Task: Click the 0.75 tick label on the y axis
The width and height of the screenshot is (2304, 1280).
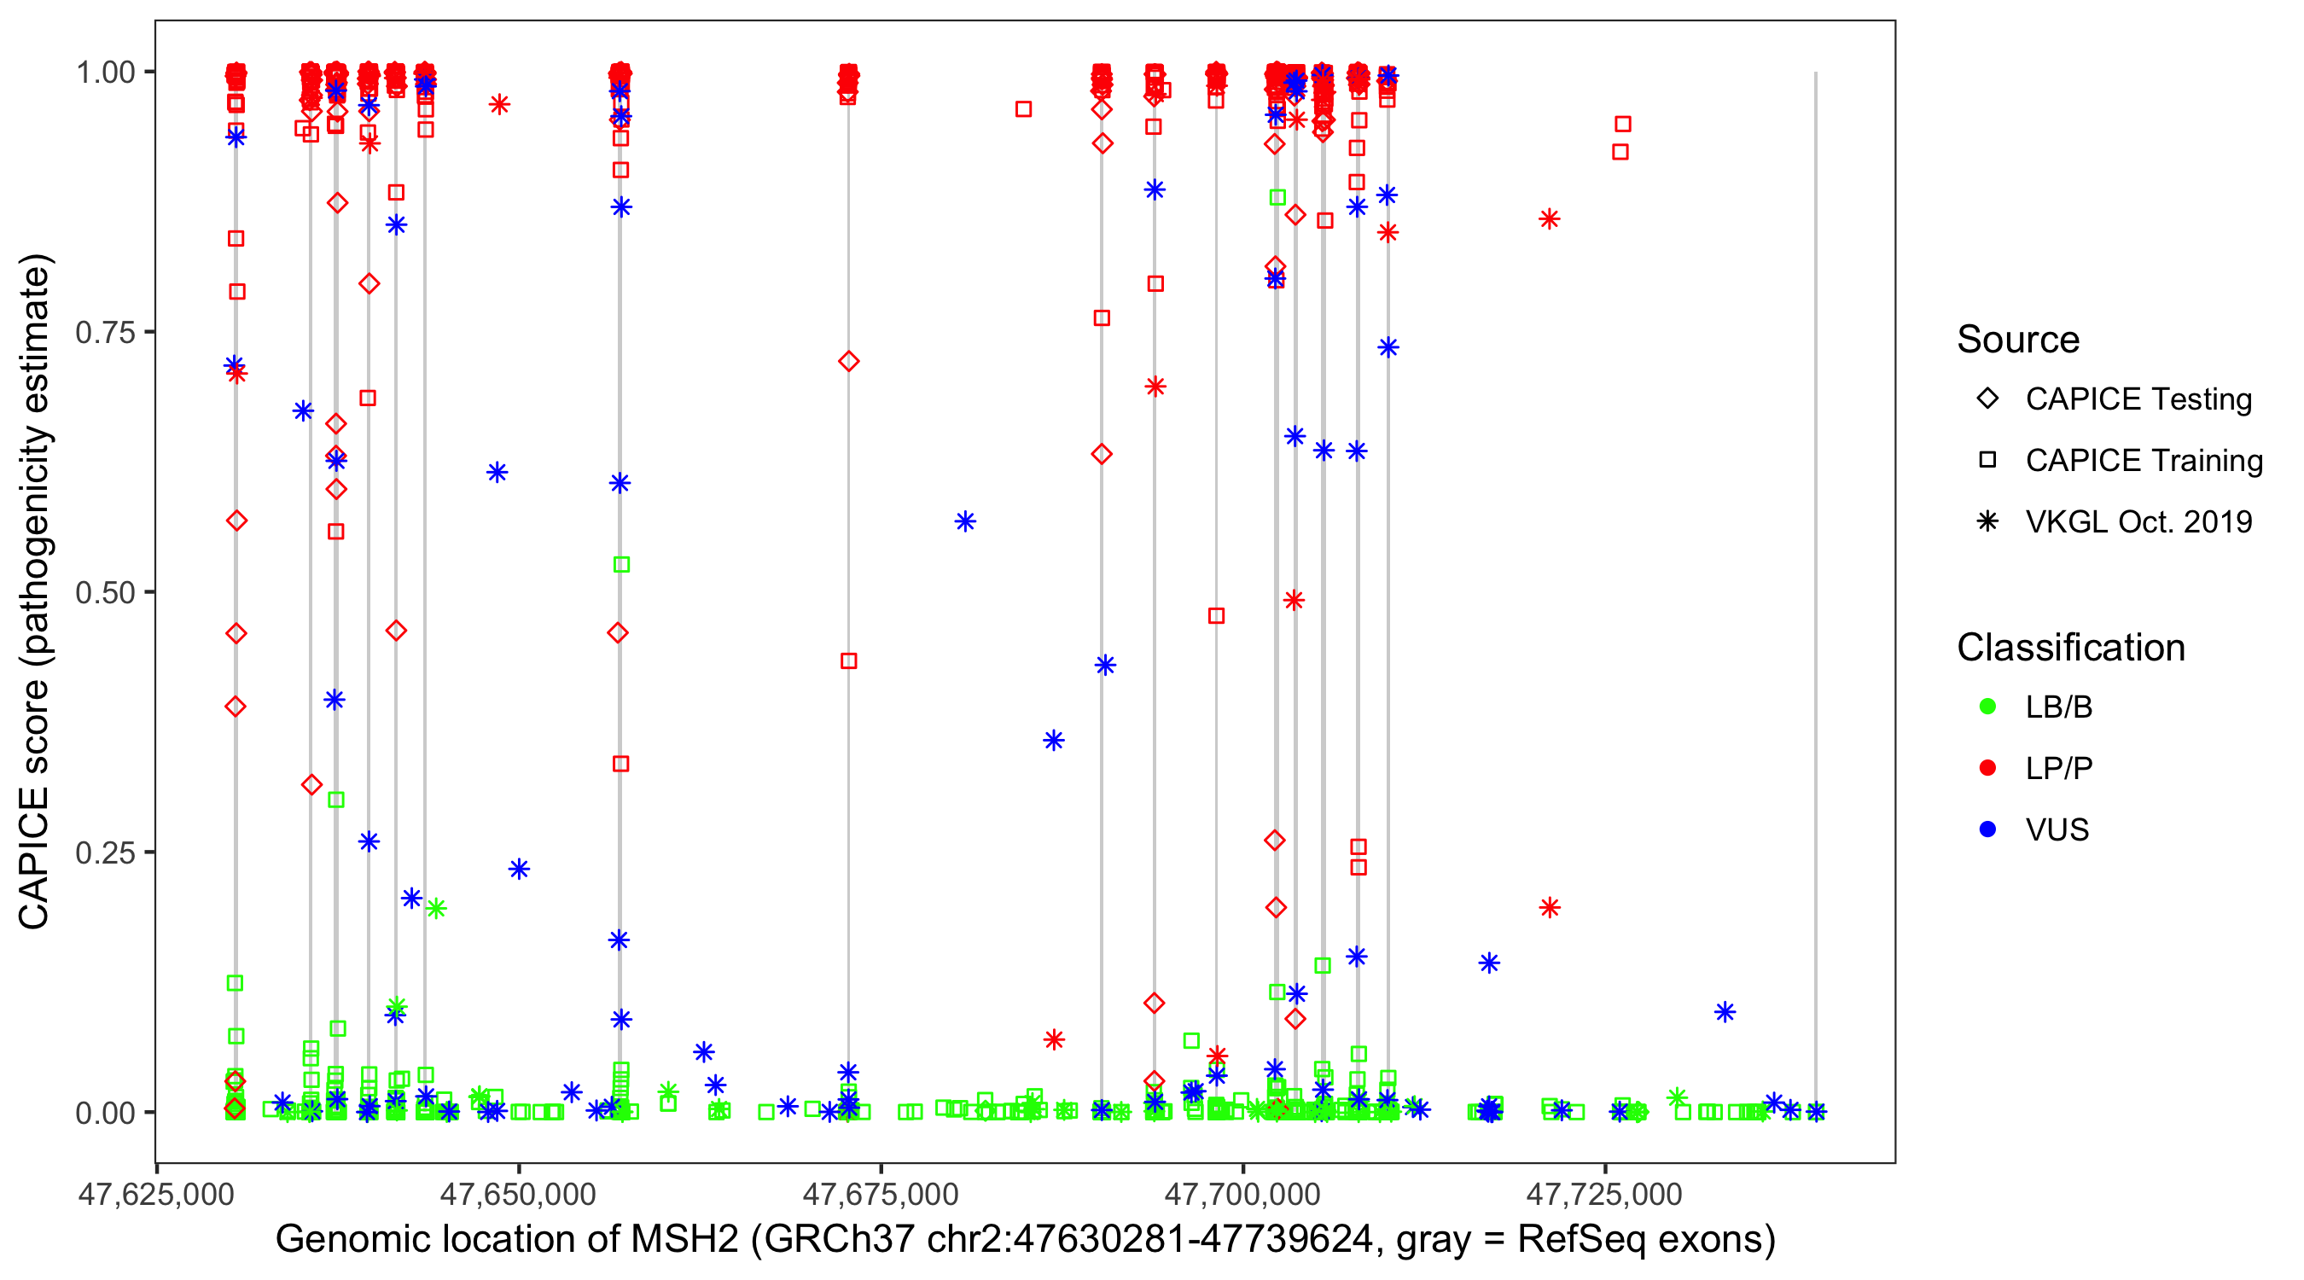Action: coord(104,333)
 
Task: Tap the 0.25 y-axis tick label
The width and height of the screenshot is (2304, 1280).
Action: coord(104,852)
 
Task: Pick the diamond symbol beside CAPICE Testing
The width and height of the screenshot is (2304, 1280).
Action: coord(1987,399)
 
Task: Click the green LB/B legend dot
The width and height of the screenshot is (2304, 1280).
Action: coord(1987,707)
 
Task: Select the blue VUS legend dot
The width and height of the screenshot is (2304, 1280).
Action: coord(1987,830)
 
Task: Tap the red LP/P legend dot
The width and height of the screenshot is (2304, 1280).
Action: coord(1987,768)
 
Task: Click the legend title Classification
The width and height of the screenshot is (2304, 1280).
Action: coord(2069,648)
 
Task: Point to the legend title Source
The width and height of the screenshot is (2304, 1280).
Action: coord(2018,340)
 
